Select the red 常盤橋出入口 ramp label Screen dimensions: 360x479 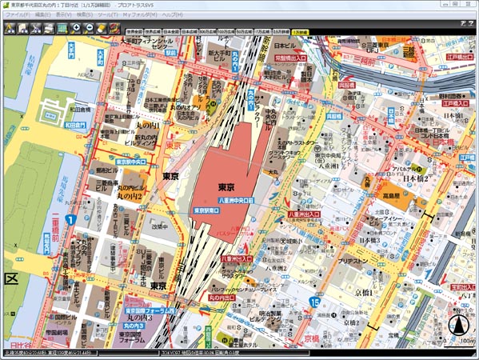pyautogui.click(x=291, y=58)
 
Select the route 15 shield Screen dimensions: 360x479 pyautogui.click(x=316, y=302)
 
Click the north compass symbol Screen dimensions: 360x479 pyautogui.click(x=458, y=325)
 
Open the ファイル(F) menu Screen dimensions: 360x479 pyautogui.click(x=18, y=15)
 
